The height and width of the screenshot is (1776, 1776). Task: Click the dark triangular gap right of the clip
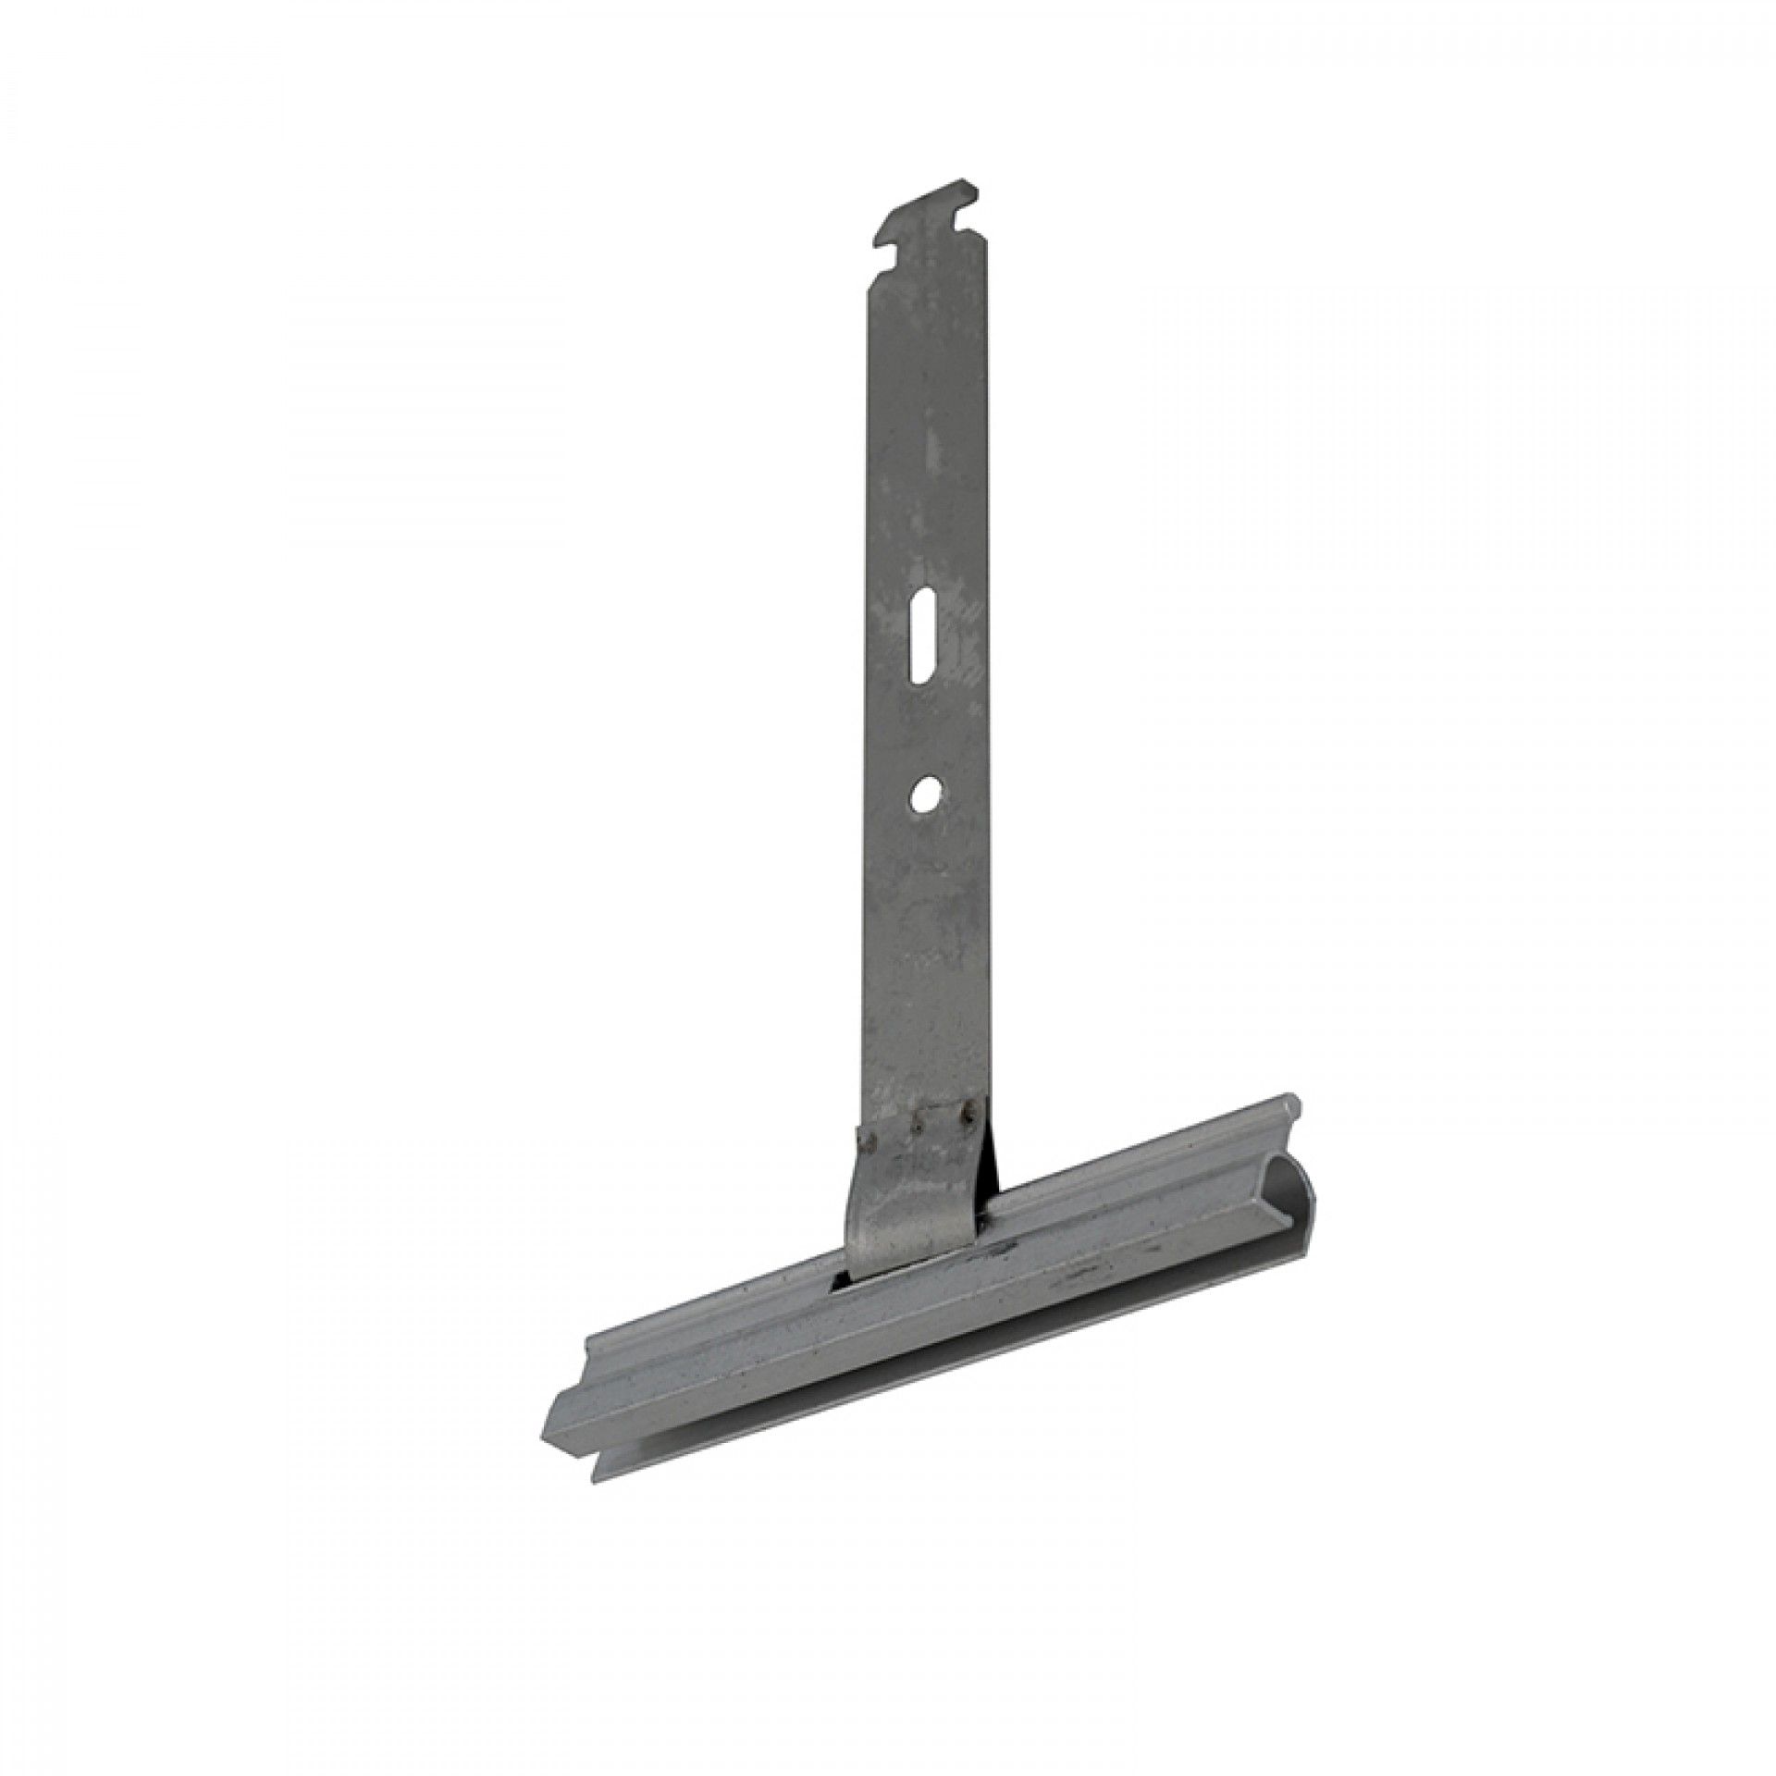(x=992, y=1170)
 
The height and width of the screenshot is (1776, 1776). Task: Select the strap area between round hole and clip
(x=925, y=943)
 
